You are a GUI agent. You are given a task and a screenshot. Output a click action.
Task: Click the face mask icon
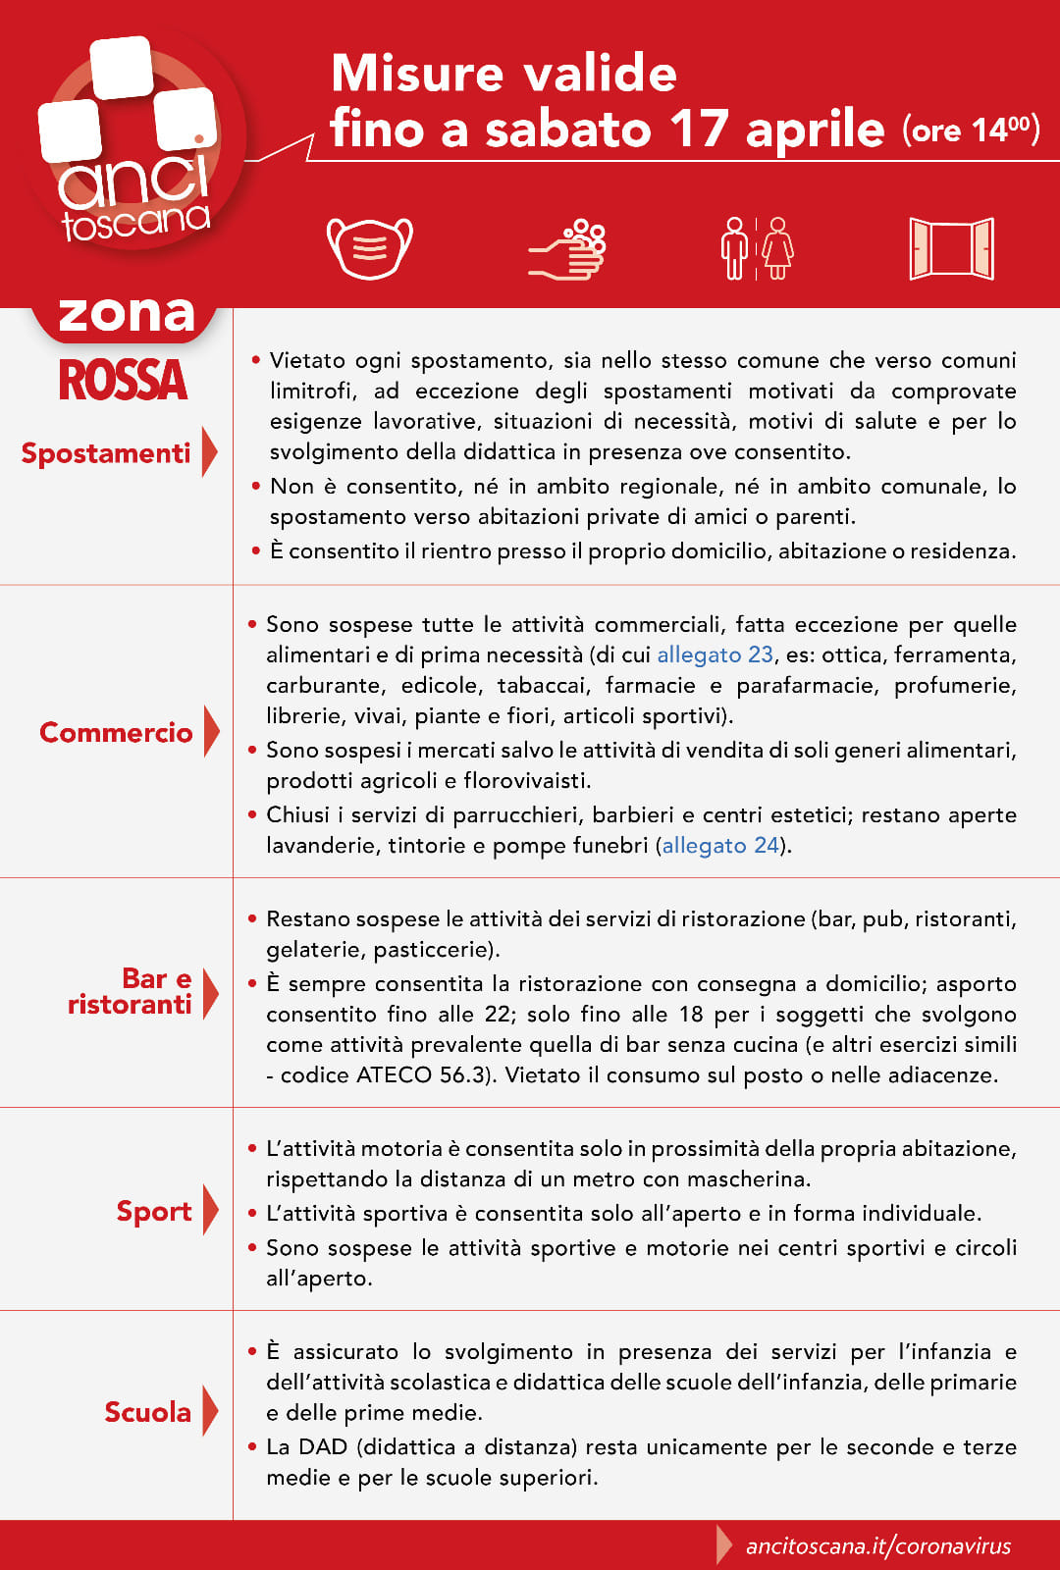click(x=369, y=247)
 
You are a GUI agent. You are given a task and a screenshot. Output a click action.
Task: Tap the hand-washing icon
click(x=568, y=249)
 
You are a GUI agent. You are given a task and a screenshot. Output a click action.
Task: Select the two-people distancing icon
click(x=757, y=248)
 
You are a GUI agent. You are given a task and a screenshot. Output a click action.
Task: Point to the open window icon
click(x=951, y=248)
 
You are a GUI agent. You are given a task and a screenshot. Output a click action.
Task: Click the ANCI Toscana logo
click(x=132, y=142)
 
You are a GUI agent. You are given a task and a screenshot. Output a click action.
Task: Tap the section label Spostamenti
click(x=106, y=453)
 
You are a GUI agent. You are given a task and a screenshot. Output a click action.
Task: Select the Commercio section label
click(x=116, y=732)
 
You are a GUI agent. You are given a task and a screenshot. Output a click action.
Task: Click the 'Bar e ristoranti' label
click(x=130, y=991)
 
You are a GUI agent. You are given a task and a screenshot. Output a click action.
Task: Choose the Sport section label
click(x=154, y=1212)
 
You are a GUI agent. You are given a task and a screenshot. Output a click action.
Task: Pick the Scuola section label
click(x=148, y=1412)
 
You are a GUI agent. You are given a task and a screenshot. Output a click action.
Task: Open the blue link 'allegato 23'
click(x=715, y=654)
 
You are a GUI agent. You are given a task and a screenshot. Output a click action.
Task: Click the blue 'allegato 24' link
click(x=720, y=845)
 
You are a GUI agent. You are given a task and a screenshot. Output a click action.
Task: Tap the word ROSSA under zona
click(x=123, y=380)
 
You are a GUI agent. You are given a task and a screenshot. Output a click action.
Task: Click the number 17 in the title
click(x=699, y=130)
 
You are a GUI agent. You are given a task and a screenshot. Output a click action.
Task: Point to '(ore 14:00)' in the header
click(x=971, y=130)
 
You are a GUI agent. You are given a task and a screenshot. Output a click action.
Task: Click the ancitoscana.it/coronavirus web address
click(x=878, y=1546)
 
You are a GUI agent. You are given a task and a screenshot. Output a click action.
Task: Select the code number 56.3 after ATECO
click(x=461, y=1074)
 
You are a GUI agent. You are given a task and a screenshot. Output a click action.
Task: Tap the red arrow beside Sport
click(x=210, y=1210)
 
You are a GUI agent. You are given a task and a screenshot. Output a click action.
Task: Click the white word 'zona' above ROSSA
click(x=127, y=314)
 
